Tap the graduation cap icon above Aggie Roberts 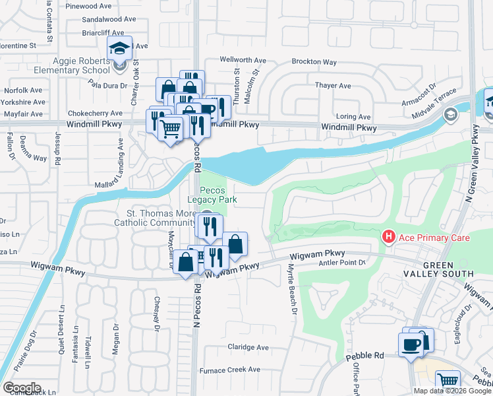tap(119, 48)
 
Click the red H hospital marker tap(389, 236)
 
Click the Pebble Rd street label tap(364, 356)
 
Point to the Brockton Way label tap(315, 62)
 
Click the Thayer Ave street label tap(333, 86)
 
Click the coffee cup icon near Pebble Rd tap(411, 344)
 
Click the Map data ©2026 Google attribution tap(452, 391)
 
